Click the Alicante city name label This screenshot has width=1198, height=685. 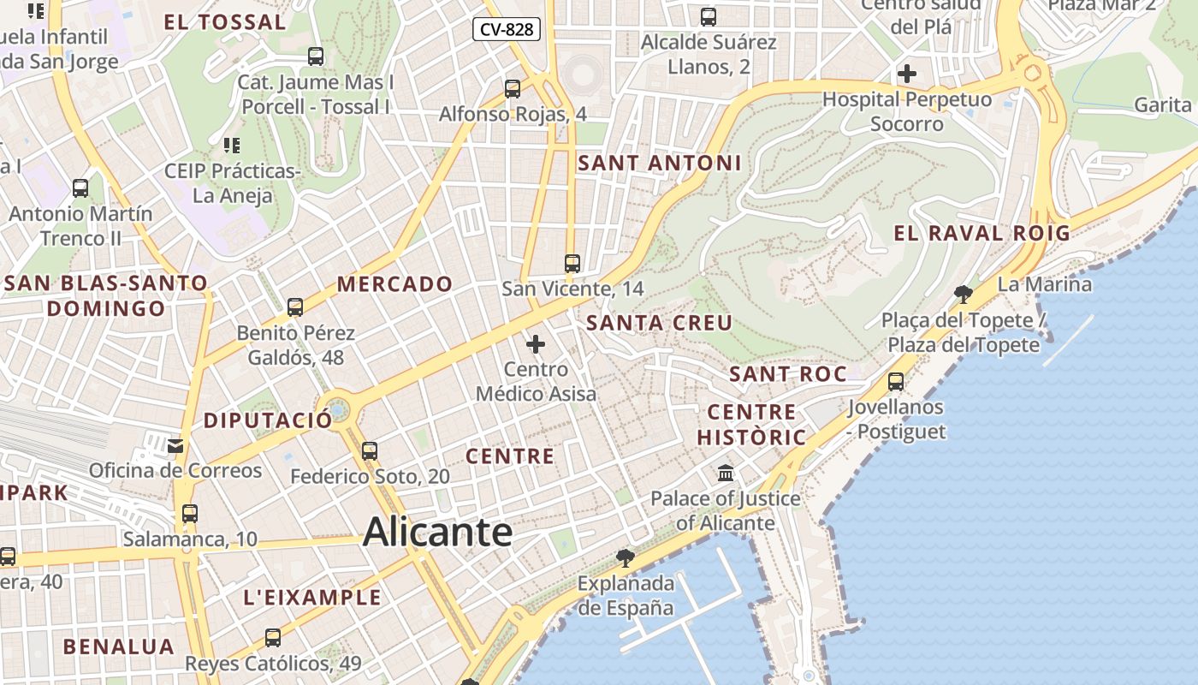coord(437,532)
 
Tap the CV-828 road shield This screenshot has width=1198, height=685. coord(507,30)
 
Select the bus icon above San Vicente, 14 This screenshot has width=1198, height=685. coord(572,264)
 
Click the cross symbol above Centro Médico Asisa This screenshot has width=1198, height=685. coord(536,344)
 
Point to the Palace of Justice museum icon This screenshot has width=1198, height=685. coord(726,473)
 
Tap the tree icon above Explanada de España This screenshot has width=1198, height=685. coord(626,558)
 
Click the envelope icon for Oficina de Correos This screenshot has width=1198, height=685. coord(175,445)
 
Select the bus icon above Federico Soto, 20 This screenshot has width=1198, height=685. coord(370,450)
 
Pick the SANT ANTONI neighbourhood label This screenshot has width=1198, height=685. coord(659,163)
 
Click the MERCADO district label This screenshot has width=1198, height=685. coord(394,284)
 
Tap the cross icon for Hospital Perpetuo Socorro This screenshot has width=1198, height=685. coord(907,74)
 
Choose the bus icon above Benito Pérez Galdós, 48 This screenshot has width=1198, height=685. coord(295,307)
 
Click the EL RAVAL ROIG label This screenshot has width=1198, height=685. coord(982,233)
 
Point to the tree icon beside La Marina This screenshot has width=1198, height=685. coord(964,295)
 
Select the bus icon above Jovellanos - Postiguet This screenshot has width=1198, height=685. coord(896,381)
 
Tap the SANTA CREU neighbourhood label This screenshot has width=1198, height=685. coord(659,323)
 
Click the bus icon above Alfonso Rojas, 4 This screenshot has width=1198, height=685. coord(513,88)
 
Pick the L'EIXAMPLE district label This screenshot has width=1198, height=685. coord(312,598)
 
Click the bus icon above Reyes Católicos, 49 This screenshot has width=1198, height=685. coord(273,637)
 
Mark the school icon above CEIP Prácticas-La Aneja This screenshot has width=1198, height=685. coord(231,146)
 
